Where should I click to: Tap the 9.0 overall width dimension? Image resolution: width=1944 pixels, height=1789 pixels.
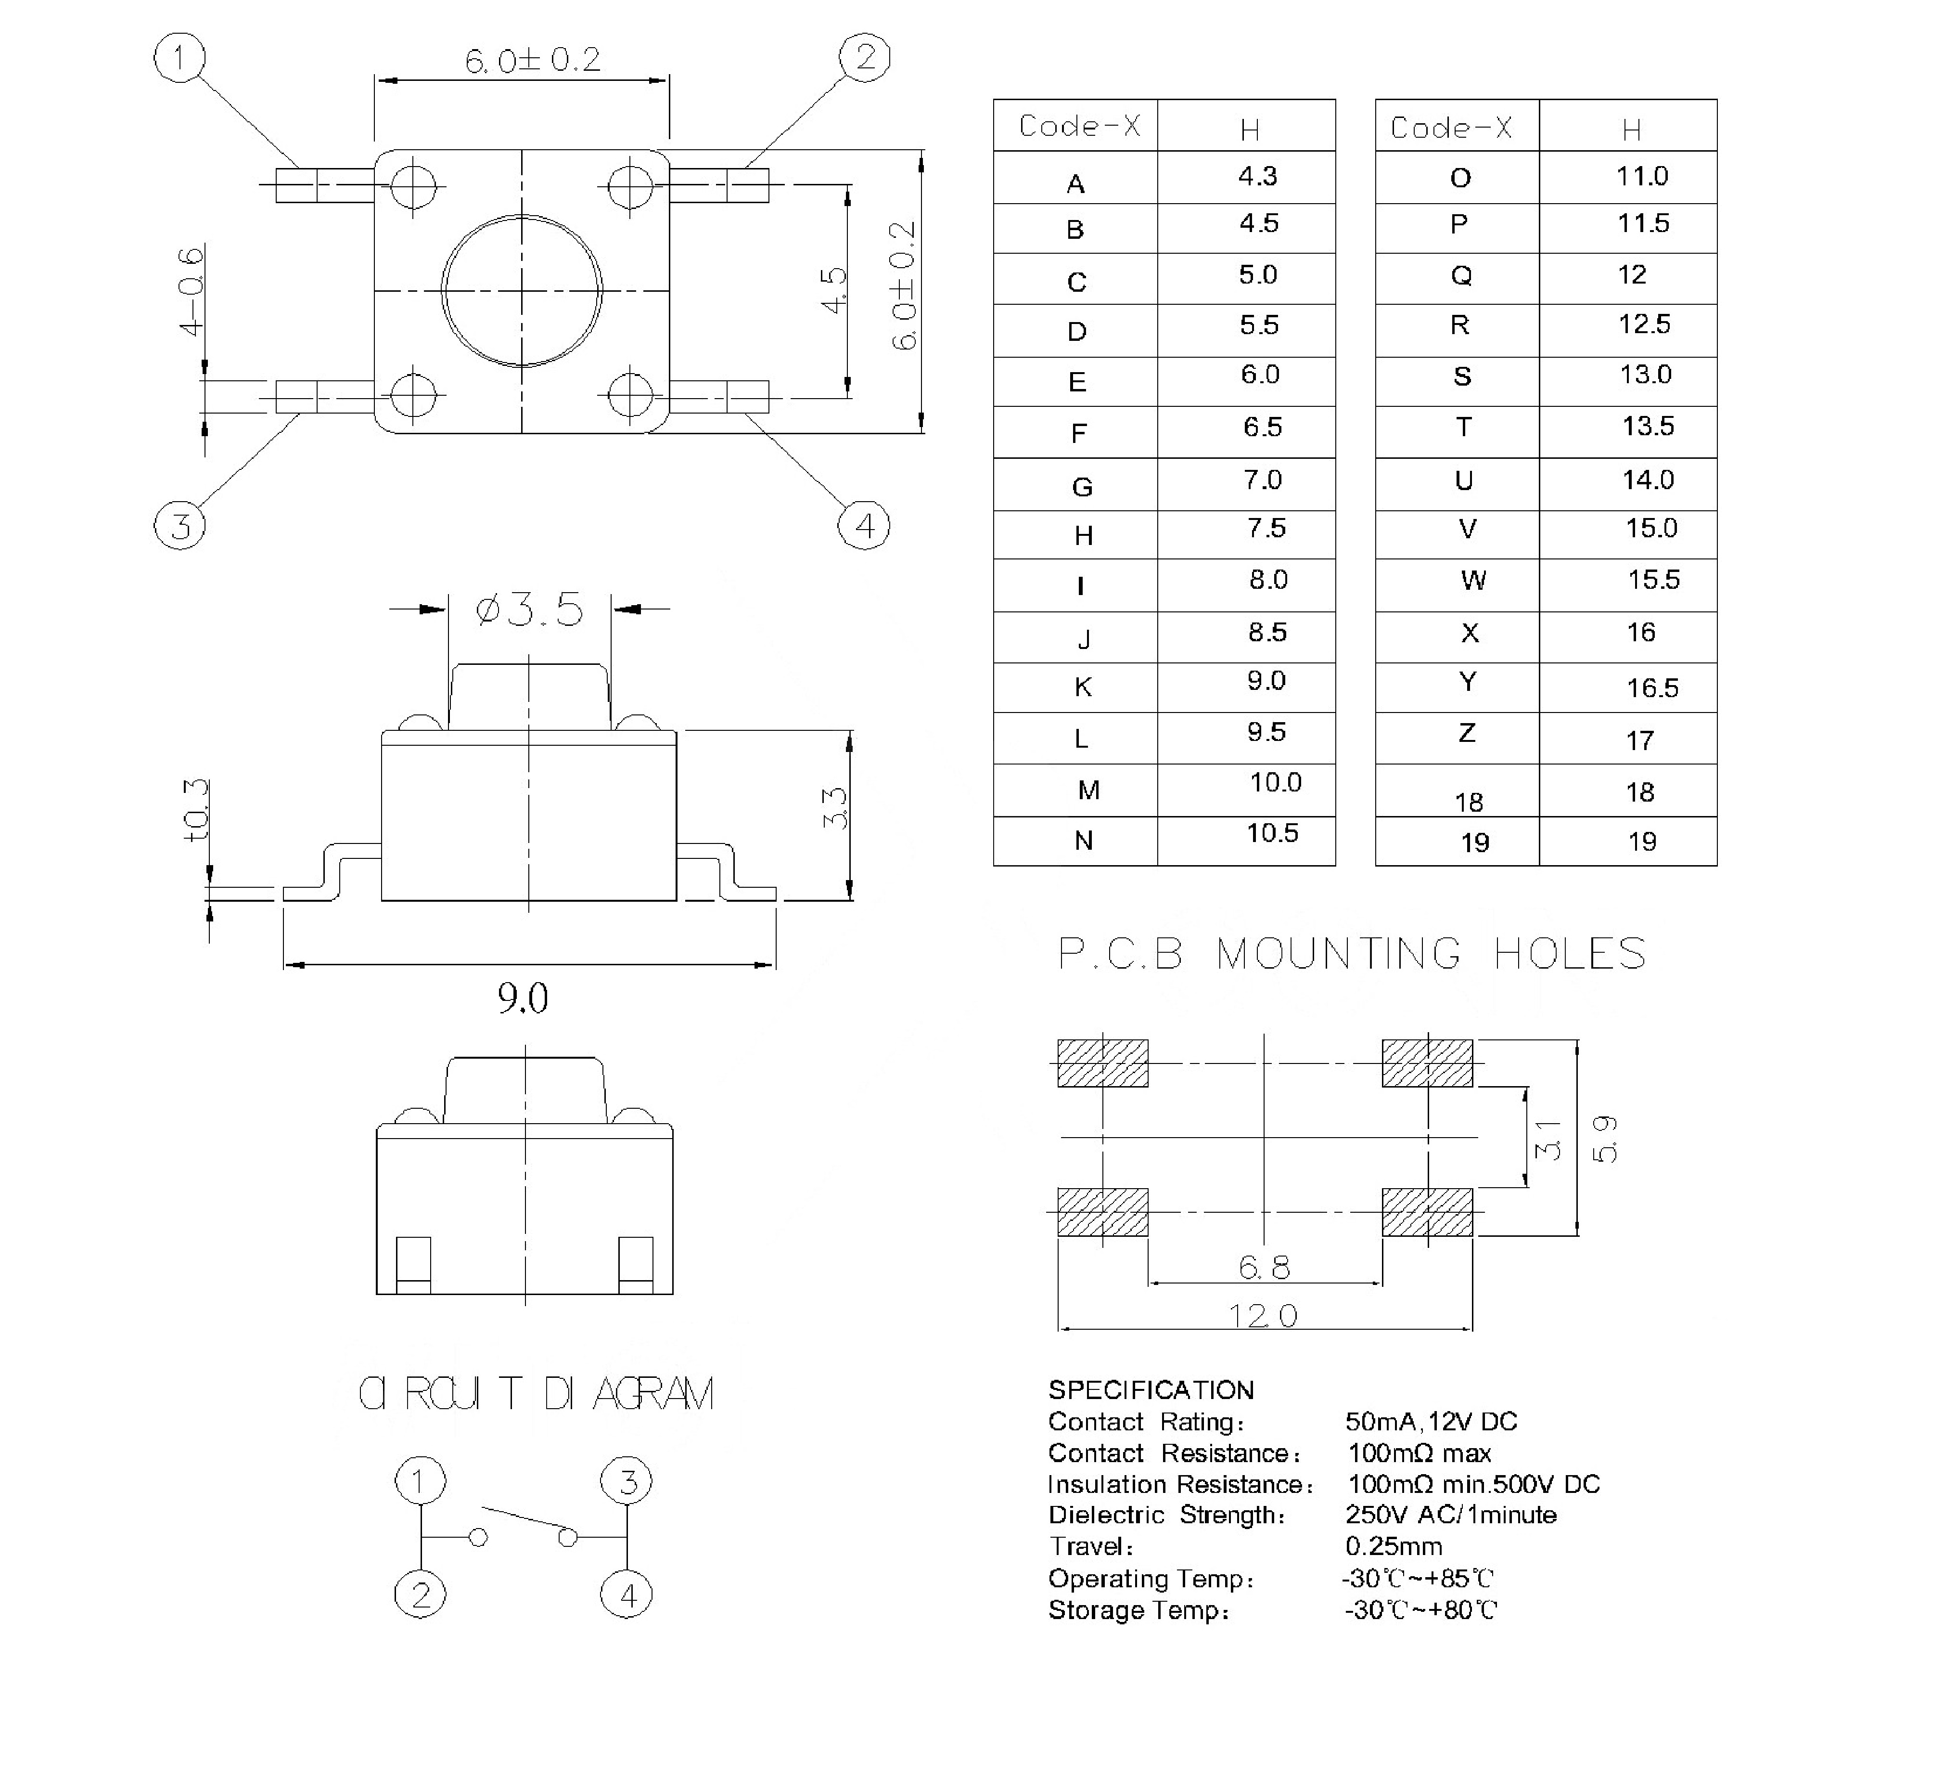point(523,998)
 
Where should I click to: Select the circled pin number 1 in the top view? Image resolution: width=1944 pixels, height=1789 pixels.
point(180,58)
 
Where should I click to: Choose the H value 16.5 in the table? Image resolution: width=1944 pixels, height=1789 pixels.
point(1652,688)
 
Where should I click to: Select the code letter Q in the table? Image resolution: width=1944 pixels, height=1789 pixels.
point(1461,276)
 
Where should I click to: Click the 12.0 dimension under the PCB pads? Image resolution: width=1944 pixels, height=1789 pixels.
point(1263,1316)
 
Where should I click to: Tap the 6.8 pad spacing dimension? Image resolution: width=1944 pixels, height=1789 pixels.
point(1264,1267)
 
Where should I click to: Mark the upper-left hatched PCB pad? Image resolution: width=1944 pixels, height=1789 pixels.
point(1102,1063)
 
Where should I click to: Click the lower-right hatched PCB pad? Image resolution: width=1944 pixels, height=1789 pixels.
point(1427,1212)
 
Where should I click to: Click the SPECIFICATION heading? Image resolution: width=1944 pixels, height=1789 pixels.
point(1151,1390)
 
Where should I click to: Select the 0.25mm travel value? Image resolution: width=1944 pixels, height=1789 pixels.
point(1394,1546)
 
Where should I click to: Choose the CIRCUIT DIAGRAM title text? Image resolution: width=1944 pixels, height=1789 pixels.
point(536,1394)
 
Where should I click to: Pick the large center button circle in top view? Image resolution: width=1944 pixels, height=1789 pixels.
point(522,290)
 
